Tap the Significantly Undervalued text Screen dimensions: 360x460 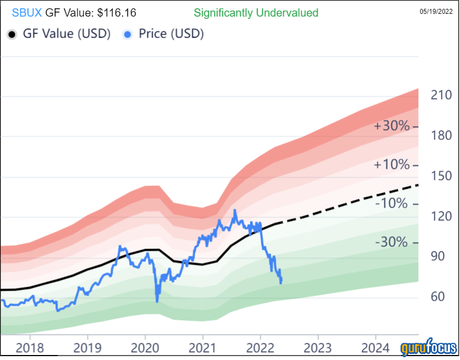(256, 12)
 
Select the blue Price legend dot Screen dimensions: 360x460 (128, 34)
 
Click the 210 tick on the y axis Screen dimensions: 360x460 (442, 95)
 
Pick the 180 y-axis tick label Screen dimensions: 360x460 (442, 136)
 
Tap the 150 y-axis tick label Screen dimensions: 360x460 (442, 176)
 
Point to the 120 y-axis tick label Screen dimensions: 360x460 (442, 217)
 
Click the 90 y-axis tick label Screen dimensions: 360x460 (438, 256)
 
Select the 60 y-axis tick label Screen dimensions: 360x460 (438, 297)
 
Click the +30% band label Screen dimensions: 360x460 (392, 126)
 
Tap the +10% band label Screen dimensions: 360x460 (392, 165)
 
